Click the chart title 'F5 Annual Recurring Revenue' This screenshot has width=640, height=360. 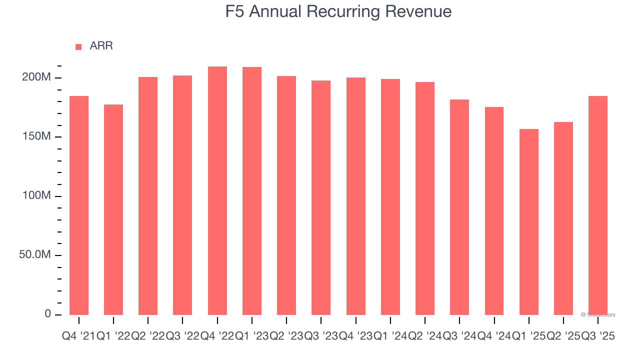click(338, 11)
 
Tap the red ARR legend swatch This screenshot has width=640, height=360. click(78, 46)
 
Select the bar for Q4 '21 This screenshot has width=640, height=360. click(79, 205)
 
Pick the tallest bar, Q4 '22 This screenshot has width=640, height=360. click(217, 190)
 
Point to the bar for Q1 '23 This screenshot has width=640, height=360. click(252, 190)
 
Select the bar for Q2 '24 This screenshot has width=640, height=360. click(425, 198)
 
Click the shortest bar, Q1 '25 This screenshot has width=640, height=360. click(529, 221)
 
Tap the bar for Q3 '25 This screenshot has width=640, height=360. click(598, 205)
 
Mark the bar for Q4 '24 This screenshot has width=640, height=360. click(494, 210)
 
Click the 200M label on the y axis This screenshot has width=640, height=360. click(36, 77)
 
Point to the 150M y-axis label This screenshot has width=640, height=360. click(36, 137)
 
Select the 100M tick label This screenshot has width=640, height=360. click(36, 196)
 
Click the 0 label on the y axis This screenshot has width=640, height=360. click(48, 314)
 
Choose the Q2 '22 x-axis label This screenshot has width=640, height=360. click(148, 336)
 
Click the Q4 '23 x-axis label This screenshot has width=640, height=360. click(356, 336)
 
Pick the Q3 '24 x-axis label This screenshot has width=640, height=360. click(459, 336)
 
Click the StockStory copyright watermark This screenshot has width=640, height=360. click(598, 315)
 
